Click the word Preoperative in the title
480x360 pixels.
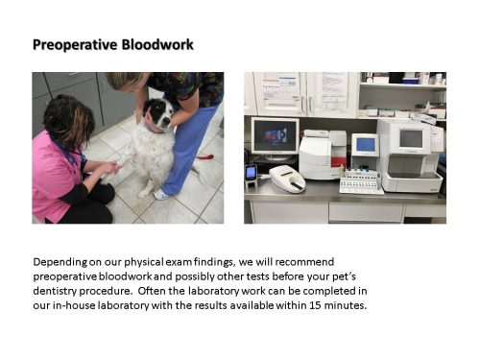(x=73, y=44)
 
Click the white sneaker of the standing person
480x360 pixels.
(x=161, y=194)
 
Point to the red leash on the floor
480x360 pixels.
(x=204, y=156)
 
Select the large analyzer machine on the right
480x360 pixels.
(x=409, y=154)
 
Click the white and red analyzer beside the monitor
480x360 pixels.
(x=322, y=154)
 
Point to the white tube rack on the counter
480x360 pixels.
(x=361, y=182)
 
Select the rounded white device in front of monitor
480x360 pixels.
(x=287, y=179)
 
